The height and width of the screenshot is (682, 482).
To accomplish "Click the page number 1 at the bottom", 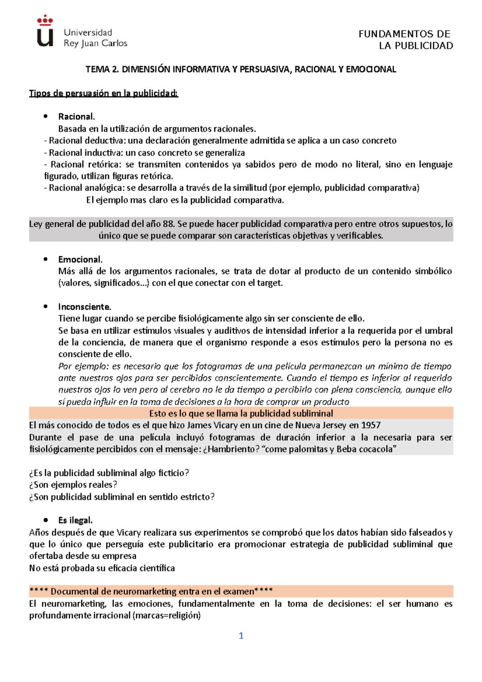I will coord(241,635).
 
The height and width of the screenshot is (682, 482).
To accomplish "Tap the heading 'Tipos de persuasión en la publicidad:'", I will coord(104,93).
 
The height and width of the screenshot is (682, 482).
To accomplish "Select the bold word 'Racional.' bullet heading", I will coord(76,116).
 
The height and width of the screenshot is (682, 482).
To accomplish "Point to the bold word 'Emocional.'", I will coord(80,259).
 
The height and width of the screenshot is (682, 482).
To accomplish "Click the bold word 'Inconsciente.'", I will coord(84,307).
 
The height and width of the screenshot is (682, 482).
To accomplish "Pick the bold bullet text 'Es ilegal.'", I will coord(76,520).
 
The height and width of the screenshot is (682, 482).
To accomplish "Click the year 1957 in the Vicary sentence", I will coord(371,425).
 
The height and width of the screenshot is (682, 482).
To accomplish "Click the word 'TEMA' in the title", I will coord(98,69).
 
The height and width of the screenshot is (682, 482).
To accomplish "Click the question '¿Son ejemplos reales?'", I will coord(73,485).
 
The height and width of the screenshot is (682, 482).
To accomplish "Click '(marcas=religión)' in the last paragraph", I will coord(166,615).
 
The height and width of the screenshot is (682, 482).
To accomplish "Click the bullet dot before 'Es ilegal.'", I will coord(46,520).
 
